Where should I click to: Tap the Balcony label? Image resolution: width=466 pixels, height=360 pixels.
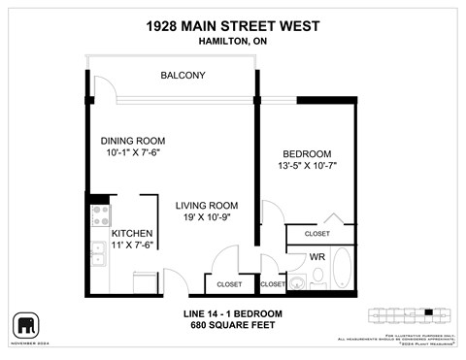(183, 76)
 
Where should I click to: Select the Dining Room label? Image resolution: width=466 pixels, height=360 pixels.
(133, 138)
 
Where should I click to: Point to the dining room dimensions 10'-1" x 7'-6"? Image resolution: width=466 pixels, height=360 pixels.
(133, 152)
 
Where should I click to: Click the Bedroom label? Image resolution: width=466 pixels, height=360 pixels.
(307, 154)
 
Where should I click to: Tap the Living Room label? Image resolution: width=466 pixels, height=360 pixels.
(207, 205)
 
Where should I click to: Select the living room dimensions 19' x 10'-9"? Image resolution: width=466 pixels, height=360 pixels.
(207, 218)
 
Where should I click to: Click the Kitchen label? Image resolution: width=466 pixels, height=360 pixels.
(131, 234)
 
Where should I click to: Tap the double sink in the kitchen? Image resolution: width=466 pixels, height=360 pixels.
(98, 254)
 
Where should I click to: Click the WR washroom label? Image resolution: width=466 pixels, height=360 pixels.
(316, 257)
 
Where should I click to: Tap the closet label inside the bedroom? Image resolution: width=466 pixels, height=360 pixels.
(316, 234)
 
